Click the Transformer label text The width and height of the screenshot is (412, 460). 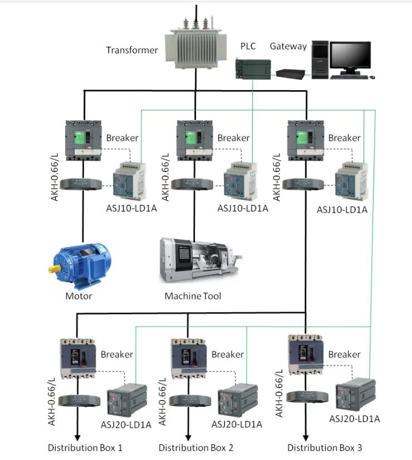pyautogui.click(x=132, y=50)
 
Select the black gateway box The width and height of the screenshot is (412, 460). pyautogui.click(x=290, y=73)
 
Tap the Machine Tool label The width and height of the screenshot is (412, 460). pyautogui.click(x=193, y=296)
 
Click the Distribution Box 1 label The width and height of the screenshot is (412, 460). pyautogui.click(x=85, y=447)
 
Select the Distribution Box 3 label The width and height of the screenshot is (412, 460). pyautogui.click(x=325, y=447)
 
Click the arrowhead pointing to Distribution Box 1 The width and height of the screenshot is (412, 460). pyautogui.click(x=77, y=436)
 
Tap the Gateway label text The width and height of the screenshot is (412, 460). pyautogui.click(x=288, y=46)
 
